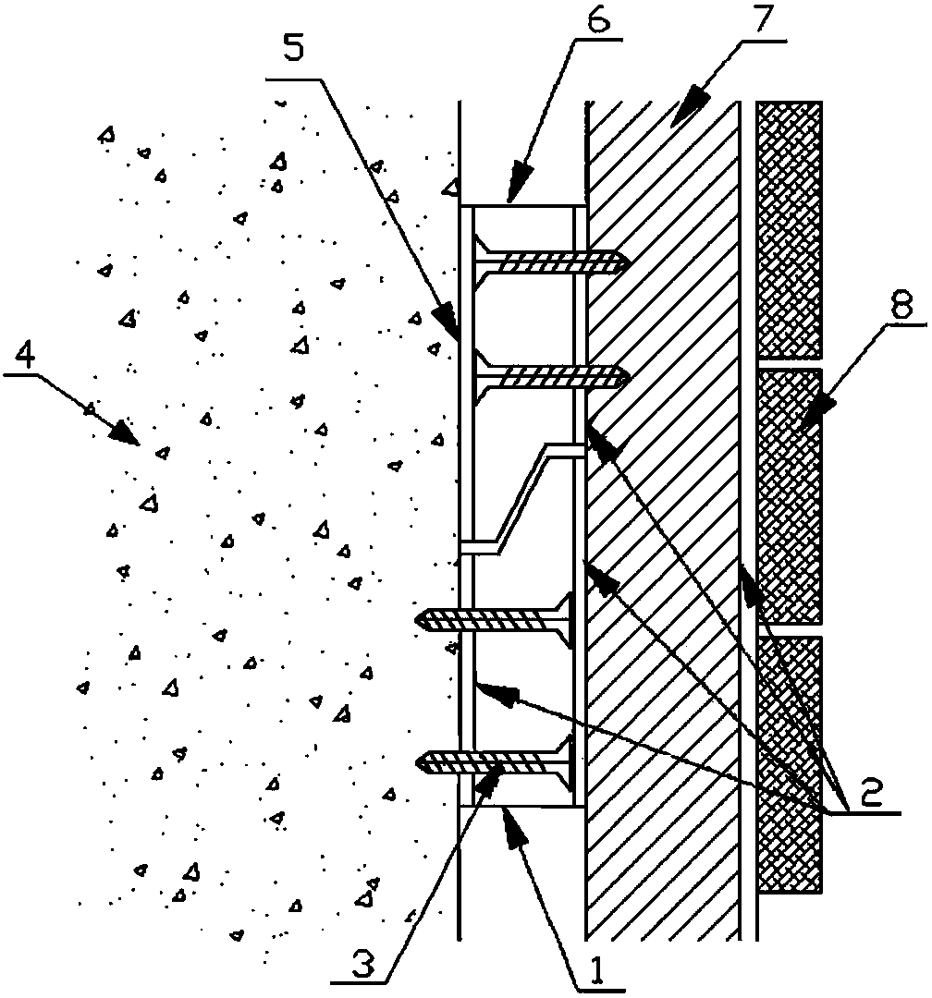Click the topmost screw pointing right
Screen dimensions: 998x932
pos(549,262)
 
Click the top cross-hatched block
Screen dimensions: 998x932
pos(789,229)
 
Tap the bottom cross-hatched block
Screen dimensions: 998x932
pos(789,763)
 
